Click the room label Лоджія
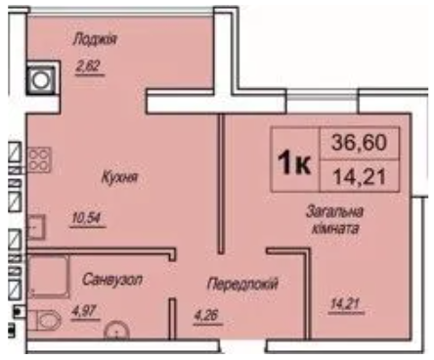(95, 39)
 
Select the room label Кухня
(119, 178)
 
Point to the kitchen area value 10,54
(87, 218)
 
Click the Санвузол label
(112, 280)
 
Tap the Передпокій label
(242, 284)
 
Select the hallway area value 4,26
(207, 316)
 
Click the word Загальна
(334, 212)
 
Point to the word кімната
(335, 229)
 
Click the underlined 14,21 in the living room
(345, 304)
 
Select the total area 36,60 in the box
(359, 143)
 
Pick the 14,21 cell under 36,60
(360, 176)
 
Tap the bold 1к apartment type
(293, 163)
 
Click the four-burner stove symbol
(39, 159)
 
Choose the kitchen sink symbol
(36, 227)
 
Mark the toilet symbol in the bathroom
(44, 320)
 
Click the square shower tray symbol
(49, 277)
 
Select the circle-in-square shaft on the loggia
(41, 80)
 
